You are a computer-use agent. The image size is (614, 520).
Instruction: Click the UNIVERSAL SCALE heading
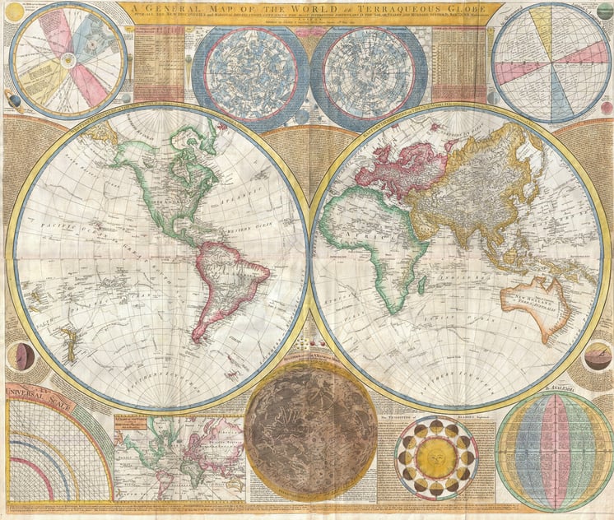40,397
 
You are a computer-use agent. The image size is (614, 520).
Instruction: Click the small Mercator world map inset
179,456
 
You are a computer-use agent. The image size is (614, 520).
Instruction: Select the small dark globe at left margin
21,356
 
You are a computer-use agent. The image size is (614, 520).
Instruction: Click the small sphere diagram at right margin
597,356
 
